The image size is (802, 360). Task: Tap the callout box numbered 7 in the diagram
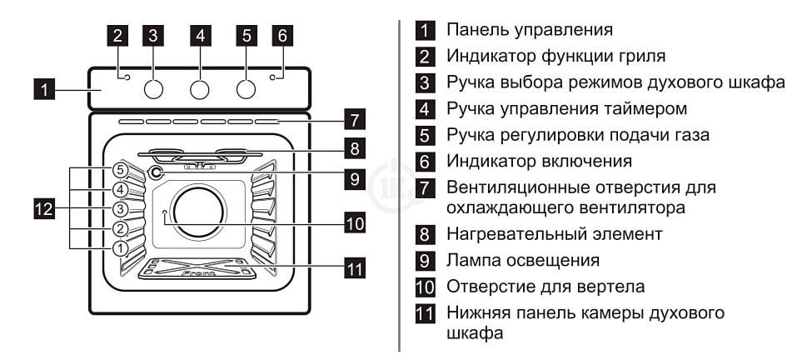click(355, 119)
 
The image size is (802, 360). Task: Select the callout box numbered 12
click(44, 209)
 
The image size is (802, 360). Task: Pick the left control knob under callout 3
click(153, 90)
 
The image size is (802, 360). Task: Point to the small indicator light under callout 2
click(127, 78)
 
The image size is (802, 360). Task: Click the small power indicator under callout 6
click(273, 78)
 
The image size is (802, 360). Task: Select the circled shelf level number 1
click(121, 247)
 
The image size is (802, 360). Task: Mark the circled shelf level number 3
click(121, 209)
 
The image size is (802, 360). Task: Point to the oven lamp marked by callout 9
click(155, 173)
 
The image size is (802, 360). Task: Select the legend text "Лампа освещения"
click(523, 261)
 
